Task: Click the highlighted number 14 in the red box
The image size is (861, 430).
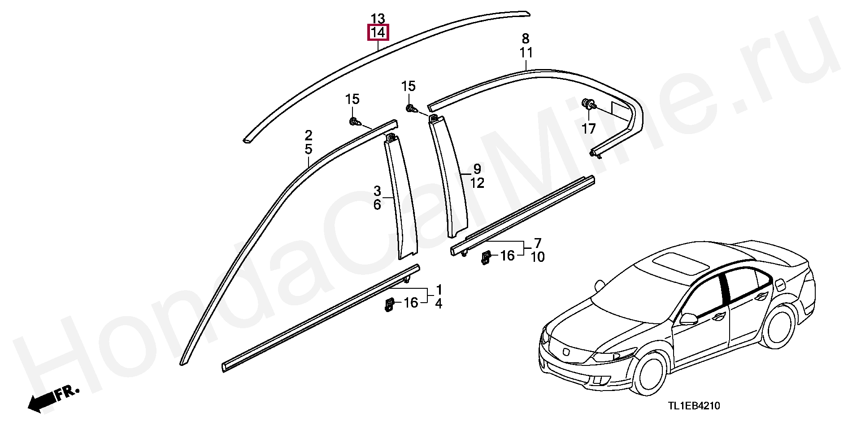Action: coord(378,33)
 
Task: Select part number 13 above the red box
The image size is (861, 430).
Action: coord(378,19)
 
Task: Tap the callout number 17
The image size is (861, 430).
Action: coord(588,129)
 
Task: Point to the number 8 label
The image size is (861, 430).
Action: coord(526,39)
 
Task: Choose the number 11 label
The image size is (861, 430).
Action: coord(526,53)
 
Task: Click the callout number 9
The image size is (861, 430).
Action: coord(477,169)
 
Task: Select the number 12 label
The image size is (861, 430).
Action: coord(478,183)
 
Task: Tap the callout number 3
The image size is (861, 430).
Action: coord(377,191)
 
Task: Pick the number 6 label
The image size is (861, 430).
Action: coord(377,205)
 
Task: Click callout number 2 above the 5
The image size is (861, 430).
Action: coord(309,135)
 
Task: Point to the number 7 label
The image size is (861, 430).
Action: coord(538,243)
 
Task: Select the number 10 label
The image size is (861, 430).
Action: coord(538,257)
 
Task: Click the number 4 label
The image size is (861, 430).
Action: coord(439,304)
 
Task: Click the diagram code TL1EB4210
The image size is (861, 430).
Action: coord(694,406)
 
